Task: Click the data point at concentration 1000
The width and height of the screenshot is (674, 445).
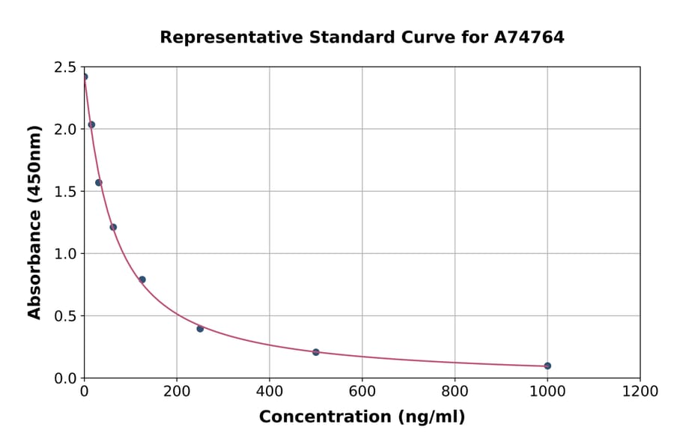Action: [x=547, y=366]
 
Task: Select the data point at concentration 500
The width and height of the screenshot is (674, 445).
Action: [x=316, y=352]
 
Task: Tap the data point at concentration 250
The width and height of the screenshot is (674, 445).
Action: [x=200, y=329]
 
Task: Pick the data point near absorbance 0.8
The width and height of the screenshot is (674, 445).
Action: [x=142, y=279]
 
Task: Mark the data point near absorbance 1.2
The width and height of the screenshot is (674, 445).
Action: [x=113, y=227]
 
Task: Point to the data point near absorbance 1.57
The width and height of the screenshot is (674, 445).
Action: [x=98, y=183]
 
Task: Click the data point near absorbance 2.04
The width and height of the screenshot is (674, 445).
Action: [x=91, y=124]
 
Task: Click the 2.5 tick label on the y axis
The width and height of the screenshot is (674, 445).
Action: [x=66, y=67]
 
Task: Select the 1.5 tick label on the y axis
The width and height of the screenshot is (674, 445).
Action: [x=66, y=192]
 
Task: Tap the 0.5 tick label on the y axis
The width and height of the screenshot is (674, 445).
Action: [x=66, y=316]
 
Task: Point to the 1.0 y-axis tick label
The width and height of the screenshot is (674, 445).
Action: [x=66, y=254]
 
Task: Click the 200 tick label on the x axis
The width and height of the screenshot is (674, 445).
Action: [x=177, y=391]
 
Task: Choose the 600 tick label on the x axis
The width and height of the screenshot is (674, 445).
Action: [x=362, y=391]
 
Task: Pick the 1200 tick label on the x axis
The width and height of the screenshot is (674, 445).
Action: [x=640, y=391]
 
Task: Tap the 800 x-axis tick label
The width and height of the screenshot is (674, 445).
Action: [x=455, y=391]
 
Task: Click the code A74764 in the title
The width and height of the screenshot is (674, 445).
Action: [x=530, y=37]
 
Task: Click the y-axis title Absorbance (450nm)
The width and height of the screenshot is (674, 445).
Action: [x=34, y=222]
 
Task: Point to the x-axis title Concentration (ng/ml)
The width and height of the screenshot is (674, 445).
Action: [x=362, y=417]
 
